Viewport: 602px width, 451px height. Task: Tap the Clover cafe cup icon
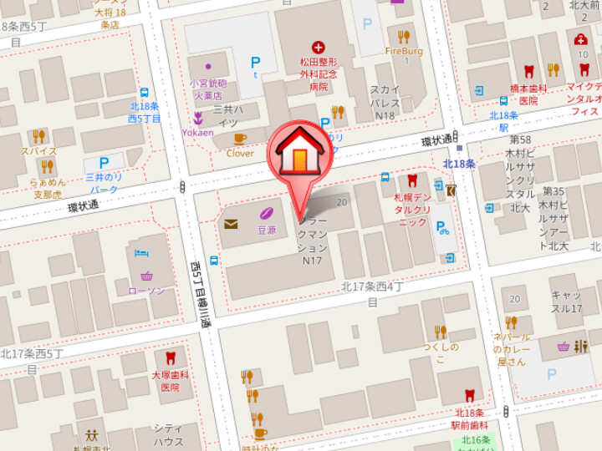(x=240, y=139)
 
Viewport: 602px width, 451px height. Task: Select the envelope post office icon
(x=231, y=223)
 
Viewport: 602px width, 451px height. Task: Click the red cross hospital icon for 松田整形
(x=318, y=48)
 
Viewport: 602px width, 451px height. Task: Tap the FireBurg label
(x=404, y=51)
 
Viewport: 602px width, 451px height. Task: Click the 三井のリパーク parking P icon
(x=105, y=163)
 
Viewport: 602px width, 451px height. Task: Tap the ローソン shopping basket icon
(x=147, y=276)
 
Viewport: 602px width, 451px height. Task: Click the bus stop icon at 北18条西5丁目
(x=145, y=94)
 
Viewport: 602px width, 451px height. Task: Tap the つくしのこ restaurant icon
(x=440, y=332)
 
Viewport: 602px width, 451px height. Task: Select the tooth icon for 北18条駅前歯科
(x=469, y=397)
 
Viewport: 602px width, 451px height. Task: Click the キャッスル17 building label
(x=566, y=302)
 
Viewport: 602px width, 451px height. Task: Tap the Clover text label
(x=240, y=153)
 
